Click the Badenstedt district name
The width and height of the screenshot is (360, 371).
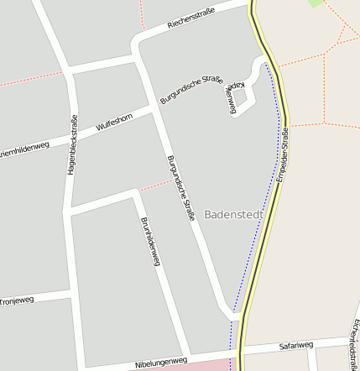point(233,215)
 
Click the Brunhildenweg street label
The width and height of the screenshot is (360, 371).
point(149,243)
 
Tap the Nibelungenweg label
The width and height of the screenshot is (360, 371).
point(161,363)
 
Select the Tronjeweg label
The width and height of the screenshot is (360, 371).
point(17,300)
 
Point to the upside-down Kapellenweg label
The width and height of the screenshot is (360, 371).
point(232,91)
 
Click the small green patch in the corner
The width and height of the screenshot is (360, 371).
point(316,3)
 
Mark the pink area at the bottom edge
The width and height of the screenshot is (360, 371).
point(201,366)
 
